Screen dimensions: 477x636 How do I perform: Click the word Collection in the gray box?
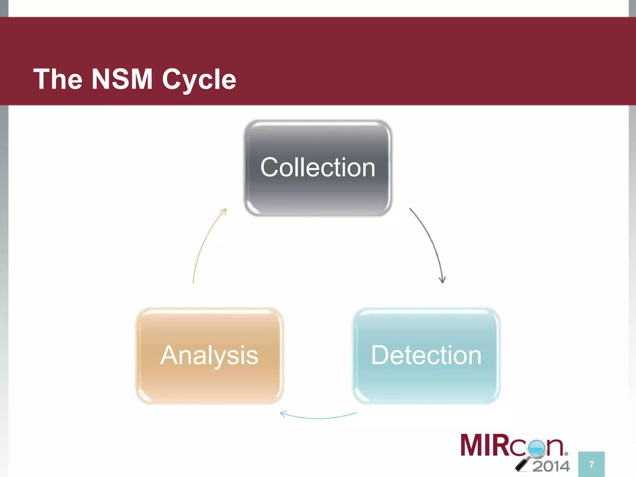tap(318, 168)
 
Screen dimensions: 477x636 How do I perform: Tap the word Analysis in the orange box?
tap(209, 356)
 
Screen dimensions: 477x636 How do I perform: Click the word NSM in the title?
tap(122, 79)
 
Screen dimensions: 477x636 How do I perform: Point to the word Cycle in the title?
tap(199, 80)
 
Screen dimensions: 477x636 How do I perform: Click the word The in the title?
tap(58, 79)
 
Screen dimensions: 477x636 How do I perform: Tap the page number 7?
tap(591, 465)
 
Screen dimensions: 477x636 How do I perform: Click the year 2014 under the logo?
tap(551, 466)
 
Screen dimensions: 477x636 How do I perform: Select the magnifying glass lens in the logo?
tap(537, 447)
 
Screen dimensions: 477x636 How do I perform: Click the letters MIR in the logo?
tap(484, 445)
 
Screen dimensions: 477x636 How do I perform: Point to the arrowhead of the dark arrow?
tap(443, 279)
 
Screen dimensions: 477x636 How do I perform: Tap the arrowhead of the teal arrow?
tap(283, 414)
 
